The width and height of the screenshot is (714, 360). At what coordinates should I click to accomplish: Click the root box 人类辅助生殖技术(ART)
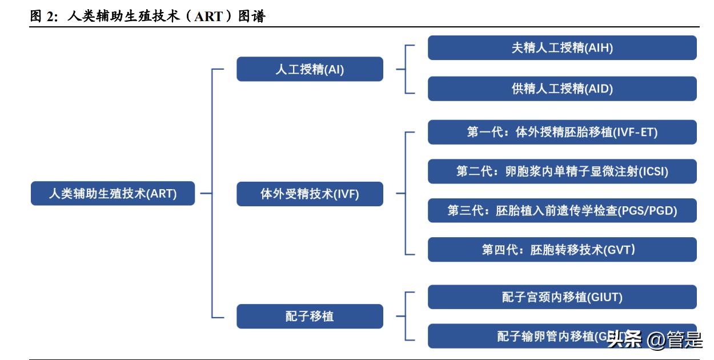113,194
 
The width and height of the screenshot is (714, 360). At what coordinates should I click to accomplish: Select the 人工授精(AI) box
310,69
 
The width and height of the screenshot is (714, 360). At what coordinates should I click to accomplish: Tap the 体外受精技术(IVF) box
310,194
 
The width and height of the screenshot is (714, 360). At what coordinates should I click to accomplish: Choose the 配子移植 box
310,316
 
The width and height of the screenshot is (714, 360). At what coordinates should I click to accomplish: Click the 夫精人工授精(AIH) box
562,48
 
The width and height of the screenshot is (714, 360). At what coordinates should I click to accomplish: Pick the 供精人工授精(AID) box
562,89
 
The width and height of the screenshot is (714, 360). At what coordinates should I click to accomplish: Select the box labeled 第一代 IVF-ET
562,132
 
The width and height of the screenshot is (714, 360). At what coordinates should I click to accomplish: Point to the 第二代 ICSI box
562,171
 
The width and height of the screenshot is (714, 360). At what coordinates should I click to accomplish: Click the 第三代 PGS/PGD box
562,210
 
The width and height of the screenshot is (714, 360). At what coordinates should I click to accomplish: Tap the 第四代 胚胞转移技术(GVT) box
562,250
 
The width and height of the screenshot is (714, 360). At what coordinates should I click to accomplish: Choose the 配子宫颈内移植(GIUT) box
562,297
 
